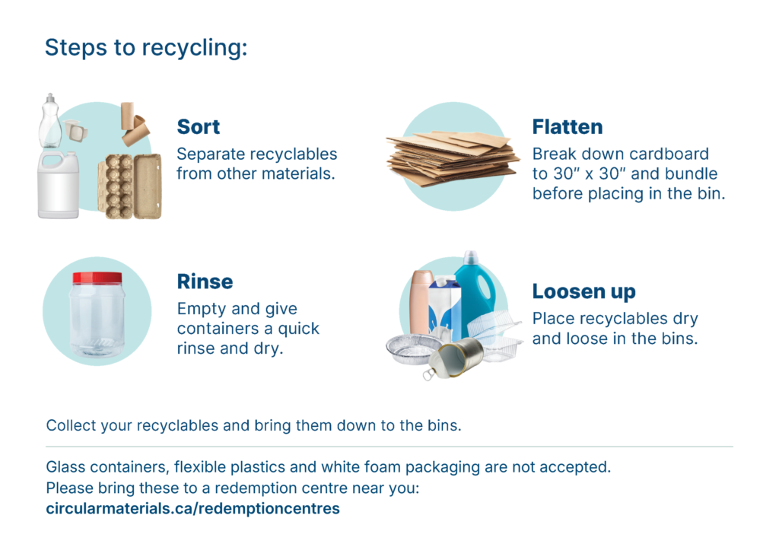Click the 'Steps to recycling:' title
click(x=146, y=48)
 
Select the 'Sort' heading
click(x=199, y=127)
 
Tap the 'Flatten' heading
click(x=568, y=127)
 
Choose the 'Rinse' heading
click(x=205, y=282)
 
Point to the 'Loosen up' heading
click(x=583, y=292)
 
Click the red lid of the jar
click(x=97, y=278)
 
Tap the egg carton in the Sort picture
click(x=130, y=186)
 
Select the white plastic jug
click(x=58, y=185)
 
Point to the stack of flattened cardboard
click(x=452, y=157)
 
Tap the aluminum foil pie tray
click(x=412, y=348)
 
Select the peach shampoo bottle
click(x=421, y=302)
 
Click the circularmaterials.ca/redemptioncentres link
click(x=192, y=509)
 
